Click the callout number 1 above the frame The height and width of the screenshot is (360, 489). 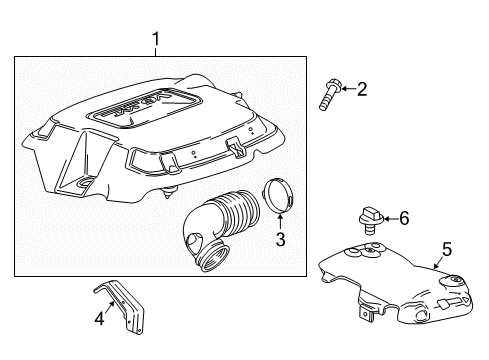pos(155,39)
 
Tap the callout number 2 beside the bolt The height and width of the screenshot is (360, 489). pos(361,90)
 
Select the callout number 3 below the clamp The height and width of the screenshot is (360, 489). pos(281,239)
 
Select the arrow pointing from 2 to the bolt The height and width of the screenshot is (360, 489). pos(344,90)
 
